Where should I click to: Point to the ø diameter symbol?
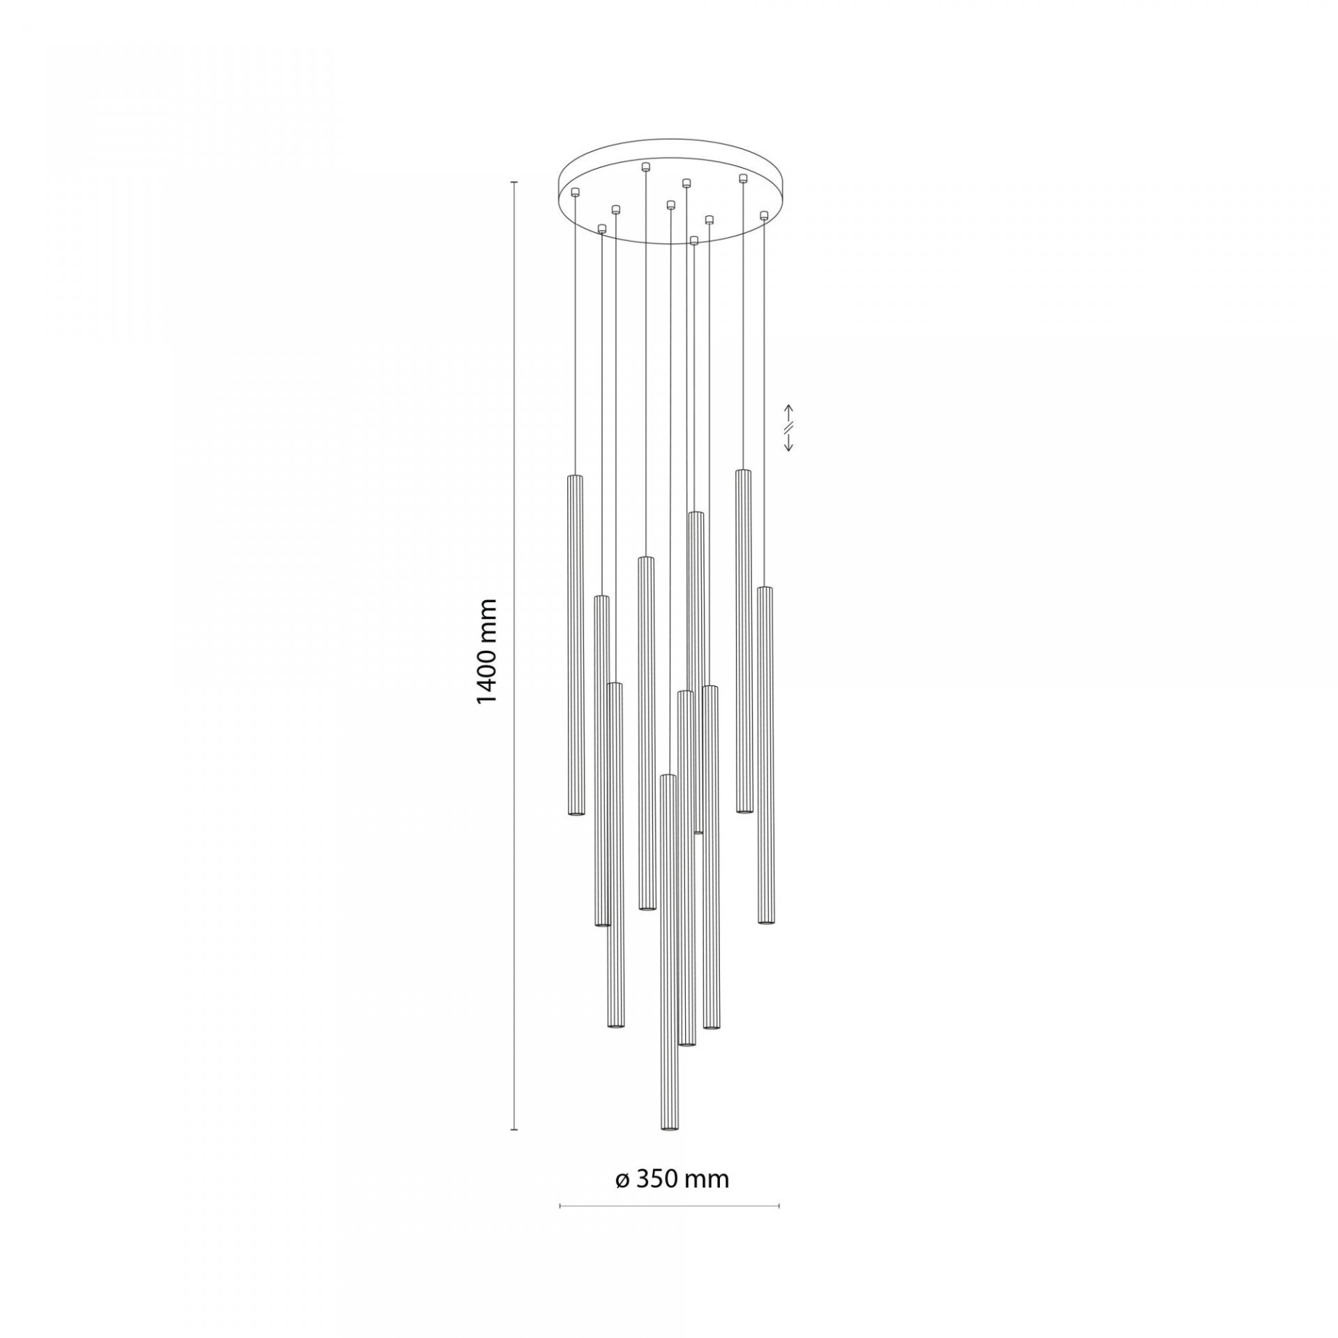click(622, 1160)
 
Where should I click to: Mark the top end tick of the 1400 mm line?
click(514, 183)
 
